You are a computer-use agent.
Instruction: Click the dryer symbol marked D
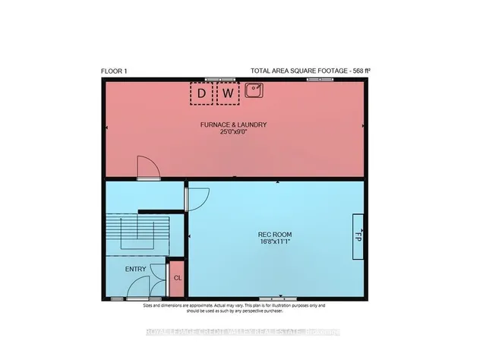pyautogui.click(x=201, y=93)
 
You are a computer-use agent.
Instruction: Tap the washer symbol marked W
pyautogui.click(x=229, y=93)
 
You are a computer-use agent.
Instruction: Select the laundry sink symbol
pyautogui.click(x=254, y=91)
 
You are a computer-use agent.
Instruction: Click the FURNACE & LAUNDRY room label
pyautogui.click(x=235, y=125)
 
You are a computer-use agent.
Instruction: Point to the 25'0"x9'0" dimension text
pyautogui.click(x=235, y=132)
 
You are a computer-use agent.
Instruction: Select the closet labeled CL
pyautogui.click(x=177, y=278)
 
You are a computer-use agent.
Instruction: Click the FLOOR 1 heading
pyautogui.click(x=115, y=71)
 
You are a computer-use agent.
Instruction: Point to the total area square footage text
pyautogui.click(x=310, y=71)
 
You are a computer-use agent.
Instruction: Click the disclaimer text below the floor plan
pyautogui.click(x=234, y=308)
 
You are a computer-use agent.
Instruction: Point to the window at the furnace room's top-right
pyautogui.click(x=320, y=78)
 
